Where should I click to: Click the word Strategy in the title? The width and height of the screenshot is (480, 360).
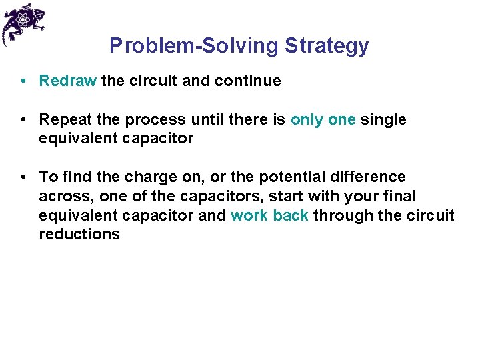click(327, 46)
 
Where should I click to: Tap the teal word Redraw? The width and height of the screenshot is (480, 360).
click(68, 81)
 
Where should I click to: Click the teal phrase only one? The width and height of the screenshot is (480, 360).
click(323, 120)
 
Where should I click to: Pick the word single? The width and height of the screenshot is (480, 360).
click(383, 120)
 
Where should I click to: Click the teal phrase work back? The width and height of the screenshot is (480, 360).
click(269, 216)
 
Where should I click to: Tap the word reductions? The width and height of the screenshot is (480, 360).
click(79, 235)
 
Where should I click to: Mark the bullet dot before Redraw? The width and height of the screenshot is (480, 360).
click(23, 81)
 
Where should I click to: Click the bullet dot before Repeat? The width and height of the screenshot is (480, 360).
click(23, 120)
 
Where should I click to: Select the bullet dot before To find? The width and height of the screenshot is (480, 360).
click(23, 177)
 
